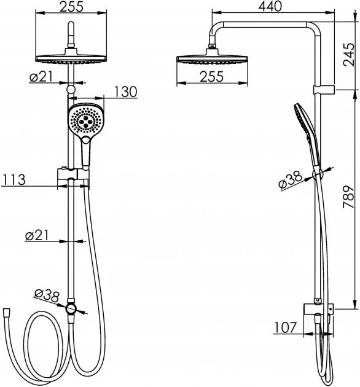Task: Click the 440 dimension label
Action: (270, 6)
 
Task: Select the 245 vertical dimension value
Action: (349, 55)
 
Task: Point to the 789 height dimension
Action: (349, 197)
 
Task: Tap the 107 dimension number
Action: (285, 327)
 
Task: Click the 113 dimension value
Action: (14, 179)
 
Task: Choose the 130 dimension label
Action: (125, 92)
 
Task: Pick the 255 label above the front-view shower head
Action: (72, 6)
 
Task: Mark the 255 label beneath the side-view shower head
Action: (211, 77)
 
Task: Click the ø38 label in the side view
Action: (291, 180)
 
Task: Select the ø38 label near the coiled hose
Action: (47, 295)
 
